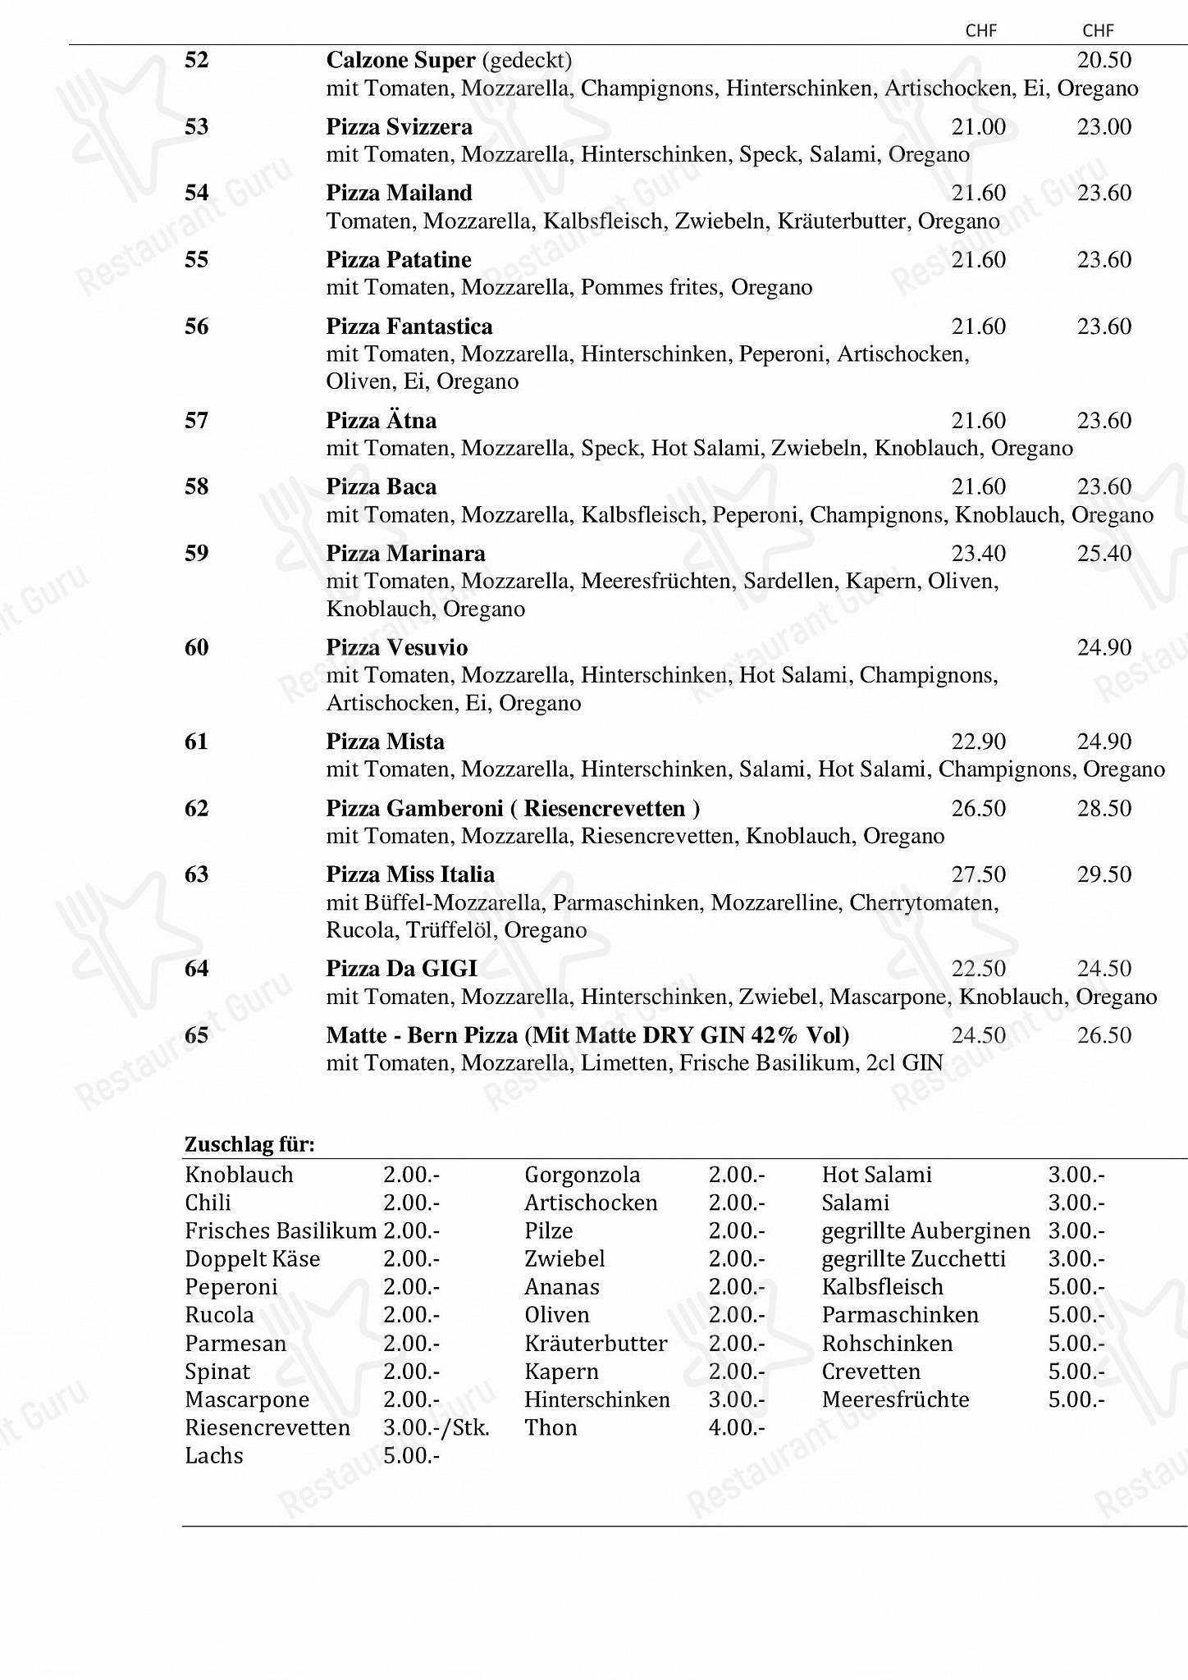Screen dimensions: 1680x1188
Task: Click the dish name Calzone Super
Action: coord(400,61)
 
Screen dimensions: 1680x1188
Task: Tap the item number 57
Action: coord(197,421)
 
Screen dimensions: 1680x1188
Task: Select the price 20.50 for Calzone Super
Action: coord(1104,60)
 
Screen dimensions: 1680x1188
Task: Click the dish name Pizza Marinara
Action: coord(405,554)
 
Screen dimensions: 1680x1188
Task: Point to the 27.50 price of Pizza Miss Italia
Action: coord(978,874)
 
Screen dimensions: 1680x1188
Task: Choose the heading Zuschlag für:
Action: coord(249,1144)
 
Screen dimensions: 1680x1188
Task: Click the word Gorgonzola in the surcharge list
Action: coord(582,1175)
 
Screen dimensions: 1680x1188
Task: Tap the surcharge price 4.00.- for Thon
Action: coord(736,1427)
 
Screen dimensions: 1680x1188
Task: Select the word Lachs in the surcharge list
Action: coord(214,1455)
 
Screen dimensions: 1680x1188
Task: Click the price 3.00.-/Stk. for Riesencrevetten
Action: coord(436,1427)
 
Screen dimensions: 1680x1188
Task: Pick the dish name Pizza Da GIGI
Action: coord(401,969)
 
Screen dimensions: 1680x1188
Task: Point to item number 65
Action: coord(197,1035)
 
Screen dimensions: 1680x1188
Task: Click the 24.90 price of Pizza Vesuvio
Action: coord(1104,648)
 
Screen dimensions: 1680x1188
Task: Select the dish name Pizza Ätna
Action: coord(381,421)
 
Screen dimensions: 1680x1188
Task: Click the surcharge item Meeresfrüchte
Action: coord(895,1399)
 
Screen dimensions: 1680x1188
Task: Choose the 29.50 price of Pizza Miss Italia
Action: coord(1104,874)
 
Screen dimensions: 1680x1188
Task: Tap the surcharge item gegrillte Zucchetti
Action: coord(913,1259)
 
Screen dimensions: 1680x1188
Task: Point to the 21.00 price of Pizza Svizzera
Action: coord(978,127)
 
